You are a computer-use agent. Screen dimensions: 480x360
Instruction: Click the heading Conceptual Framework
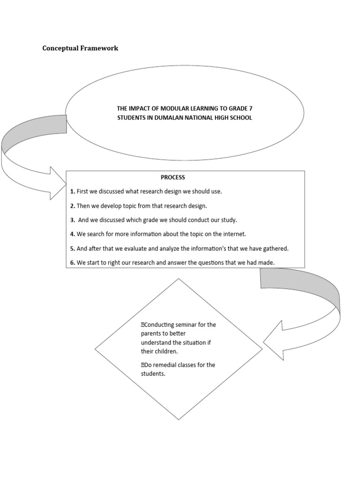(80, 48)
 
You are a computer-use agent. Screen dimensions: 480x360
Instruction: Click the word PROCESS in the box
(173, 178)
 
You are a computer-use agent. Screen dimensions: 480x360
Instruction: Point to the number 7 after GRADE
(251, 108)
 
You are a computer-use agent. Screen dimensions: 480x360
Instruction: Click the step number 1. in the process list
(73, 191)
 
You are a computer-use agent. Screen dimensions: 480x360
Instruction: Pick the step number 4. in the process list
(73, 234)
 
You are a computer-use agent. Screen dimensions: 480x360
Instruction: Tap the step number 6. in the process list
(73, 262)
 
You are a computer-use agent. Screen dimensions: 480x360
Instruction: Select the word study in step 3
(229, 220)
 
